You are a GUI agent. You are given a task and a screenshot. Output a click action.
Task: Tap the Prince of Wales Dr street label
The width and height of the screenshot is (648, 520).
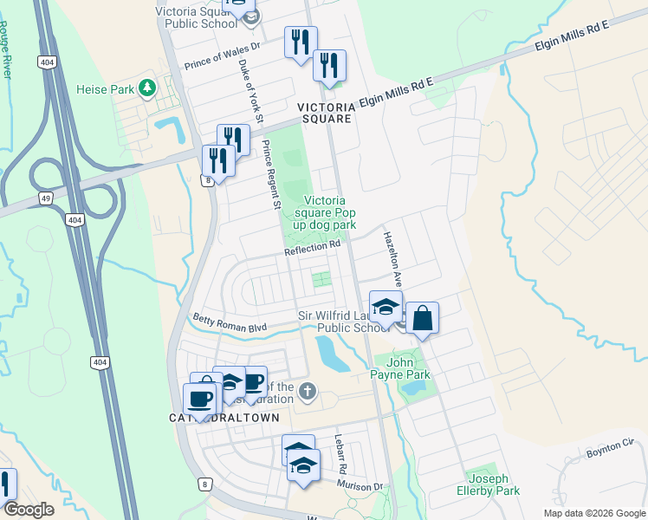(223, 55)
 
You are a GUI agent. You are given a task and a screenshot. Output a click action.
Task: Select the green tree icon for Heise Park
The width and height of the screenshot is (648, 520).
(148, 88)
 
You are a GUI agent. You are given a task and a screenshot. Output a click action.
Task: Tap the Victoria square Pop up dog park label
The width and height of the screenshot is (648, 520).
(326, 212)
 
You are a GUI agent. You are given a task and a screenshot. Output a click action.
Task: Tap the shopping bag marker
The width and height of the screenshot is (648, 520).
(422, 317)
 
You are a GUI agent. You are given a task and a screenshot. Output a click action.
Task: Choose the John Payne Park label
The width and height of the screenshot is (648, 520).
(408, 368)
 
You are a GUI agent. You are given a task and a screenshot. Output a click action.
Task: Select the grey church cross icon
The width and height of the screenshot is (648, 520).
(305, 393)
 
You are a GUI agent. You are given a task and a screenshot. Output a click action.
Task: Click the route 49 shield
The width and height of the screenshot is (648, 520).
(46, 198)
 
